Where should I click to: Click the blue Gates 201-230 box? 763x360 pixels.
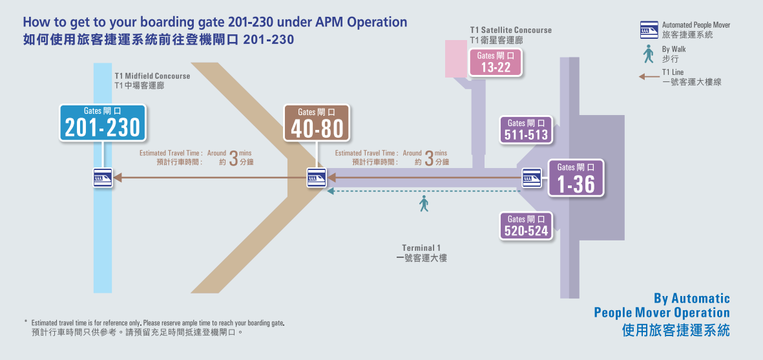pos(102,123)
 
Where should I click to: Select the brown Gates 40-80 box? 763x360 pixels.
pos(317,123)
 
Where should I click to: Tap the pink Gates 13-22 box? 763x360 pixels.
pos(496,62)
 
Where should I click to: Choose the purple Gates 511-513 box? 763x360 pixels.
pos(527,129)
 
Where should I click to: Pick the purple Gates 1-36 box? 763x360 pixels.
pos(576,178)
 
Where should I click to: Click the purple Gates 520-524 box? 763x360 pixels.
pos(527,226)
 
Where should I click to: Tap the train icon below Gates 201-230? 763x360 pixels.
pos(103,178)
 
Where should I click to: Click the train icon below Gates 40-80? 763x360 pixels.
pos(317,178)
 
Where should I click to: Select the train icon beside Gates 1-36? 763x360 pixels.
pos(532,178)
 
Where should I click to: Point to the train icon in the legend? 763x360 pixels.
pos(649,30)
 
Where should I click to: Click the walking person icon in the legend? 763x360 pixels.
pos(648,54)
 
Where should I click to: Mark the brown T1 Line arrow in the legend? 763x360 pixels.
pos(649,77)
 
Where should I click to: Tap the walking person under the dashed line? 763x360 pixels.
pos(424,204)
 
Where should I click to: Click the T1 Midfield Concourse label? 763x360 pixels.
pos(152,81)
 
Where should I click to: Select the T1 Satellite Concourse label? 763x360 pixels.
pos(511,34)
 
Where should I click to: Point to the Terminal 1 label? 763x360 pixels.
pos(421,253)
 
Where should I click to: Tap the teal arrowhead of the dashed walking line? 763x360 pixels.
pos(330,191)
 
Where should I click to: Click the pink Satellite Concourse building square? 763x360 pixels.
pos(456,59)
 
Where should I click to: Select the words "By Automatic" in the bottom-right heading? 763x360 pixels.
pos(691,298)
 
